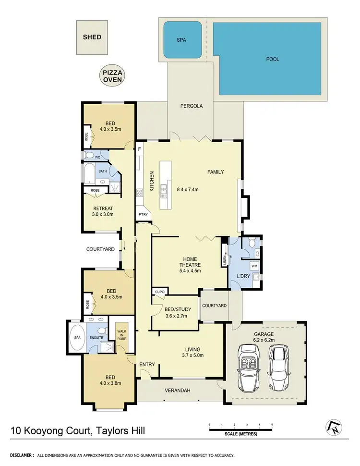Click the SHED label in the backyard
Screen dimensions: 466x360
[x=92, y=37]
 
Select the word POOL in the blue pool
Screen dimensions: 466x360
[x=272, y=59]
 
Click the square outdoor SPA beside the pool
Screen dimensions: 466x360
[x=181, y=40]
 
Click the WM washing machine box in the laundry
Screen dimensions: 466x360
[x=254, y=266]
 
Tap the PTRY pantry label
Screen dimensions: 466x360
[x=143, y=214]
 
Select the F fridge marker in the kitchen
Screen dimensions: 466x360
[x=140, y=149]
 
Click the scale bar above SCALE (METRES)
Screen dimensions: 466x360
[x=240, y=429]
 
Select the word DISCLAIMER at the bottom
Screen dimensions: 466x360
[x=20, y=454]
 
